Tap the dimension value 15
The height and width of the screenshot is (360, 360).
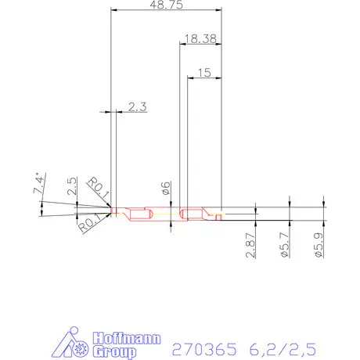click(x=204, y=72)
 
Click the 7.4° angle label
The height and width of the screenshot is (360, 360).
click(x=38, y=185)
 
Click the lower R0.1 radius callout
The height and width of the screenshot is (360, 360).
click(x=91, y=221)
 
